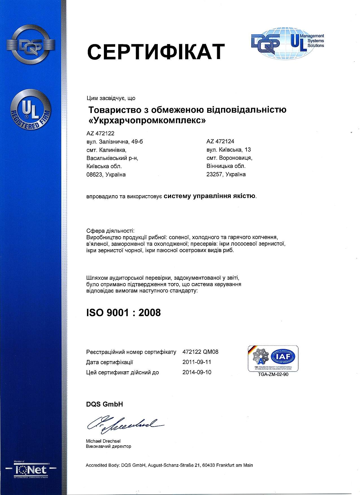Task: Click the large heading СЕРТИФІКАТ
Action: [156, 51]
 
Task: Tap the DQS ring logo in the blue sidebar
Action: [30, 45]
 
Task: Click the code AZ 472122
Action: [100, 133]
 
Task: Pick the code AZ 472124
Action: [220, 141]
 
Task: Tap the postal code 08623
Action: [95, 175]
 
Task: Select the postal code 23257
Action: [215, 174]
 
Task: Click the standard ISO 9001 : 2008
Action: [123, 313]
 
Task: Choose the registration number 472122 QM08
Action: [200, 352]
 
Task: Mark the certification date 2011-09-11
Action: [197, 362]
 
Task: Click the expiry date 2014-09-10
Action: [197, 372]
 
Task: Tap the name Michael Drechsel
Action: [103, 441]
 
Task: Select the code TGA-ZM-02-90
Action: [273, 374]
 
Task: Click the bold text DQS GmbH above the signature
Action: [104, 404]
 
